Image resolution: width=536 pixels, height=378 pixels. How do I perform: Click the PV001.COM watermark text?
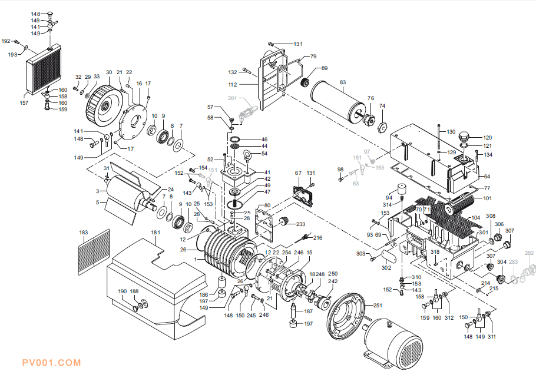[x=51, y=363]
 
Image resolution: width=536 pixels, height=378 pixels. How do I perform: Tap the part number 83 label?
[x=342, y=82]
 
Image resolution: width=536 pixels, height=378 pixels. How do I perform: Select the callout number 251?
[x=378, y=305]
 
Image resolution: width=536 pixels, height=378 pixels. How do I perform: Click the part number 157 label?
[x=24, y=103]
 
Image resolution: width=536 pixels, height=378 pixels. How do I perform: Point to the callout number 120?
[x=487, y=138]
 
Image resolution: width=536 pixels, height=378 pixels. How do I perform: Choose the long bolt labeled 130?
[x=440, y=141]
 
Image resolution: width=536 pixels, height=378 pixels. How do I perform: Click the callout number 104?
[x=476, y=218]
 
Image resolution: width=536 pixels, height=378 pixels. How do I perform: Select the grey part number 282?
[x=528, y=253]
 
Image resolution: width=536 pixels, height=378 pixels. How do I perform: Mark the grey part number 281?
[x=232, y=98]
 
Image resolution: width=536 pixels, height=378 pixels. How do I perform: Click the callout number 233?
[x=300, y=224]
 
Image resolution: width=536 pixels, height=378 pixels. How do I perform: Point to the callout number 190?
[x=123, y=291]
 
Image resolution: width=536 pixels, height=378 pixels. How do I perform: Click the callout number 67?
[x=298, y=173]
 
